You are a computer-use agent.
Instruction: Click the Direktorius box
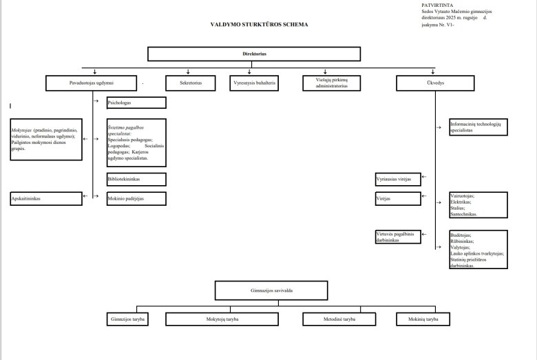tap(254, 54)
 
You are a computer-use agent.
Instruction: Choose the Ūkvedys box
tap(435, 83)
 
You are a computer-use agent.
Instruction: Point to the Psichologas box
tap(136, 103)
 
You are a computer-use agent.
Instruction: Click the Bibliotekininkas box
tap(136, 179)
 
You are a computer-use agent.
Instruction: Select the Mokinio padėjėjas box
tap(136, 198)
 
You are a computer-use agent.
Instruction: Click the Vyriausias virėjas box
tap(397, 179)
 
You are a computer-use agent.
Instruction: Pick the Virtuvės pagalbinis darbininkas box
tap(397, 237)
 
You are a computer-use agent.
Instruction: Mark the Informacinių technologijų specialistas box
tap(478, 126)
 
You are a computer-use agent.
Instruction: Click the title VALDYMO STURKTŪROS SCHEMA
tap(259, 24)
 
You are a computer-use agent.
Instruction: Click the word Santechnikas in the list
tap(465, 215)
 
